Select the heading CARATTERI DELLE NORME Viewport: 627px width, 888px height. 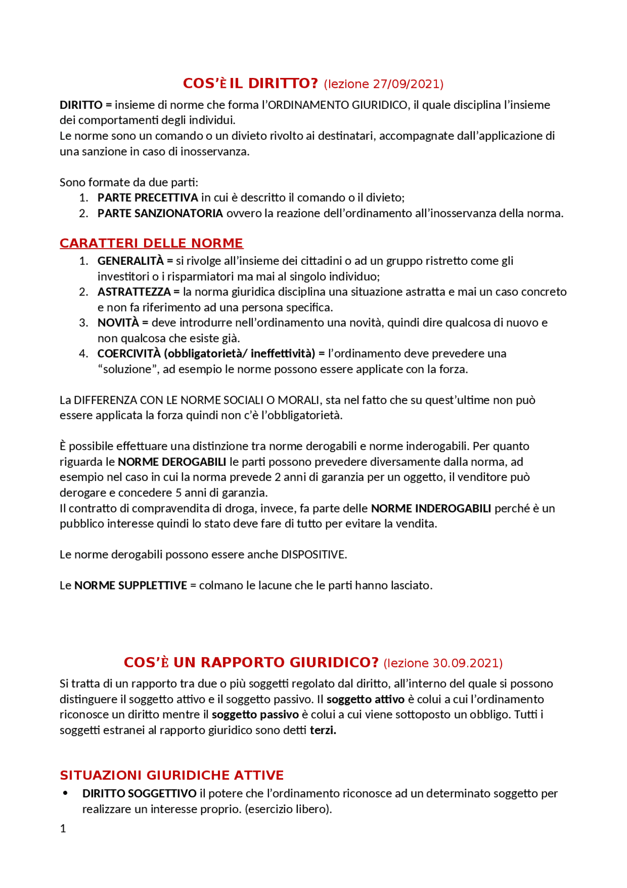(151, 243)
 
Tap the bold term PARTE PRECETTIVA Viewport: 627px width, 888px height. (147, 198)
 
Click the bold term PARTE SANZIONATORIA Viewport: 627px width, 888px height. (160, 213)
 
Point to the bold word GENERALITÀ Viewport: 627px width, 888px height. (130, 261)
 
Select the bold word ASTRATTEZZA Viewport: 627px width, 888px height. (134, 292)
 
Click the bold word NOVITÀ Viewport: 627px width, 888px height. (118, 323)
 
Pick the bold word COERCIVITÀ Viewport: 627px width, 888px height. (129, 354)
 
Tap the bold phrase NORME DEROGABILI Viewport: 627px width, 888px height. (172, 462)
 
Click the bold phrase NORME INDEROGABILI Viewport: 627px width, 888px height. (431, 508)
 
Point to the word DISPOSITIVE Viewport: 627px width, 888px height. (313, 555)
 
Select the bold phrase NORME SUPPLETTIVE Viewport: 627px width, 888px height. (130, 585)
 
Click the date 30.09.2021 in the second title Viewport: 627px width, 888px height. (465, 663)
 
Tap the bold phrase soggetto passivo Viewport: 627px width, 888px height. (255, 714)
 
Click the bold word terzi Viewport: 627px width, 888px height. (323, 730)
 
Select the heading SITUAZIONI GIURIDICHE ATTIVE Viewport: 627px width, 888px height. (171, 775)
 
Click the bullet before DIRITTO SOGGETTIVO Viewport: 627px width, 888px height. (65, 793)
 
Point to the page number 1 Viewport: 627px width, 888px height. (63, 829)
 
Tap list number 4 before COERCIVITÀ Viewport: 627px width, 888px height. (83, 354)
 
